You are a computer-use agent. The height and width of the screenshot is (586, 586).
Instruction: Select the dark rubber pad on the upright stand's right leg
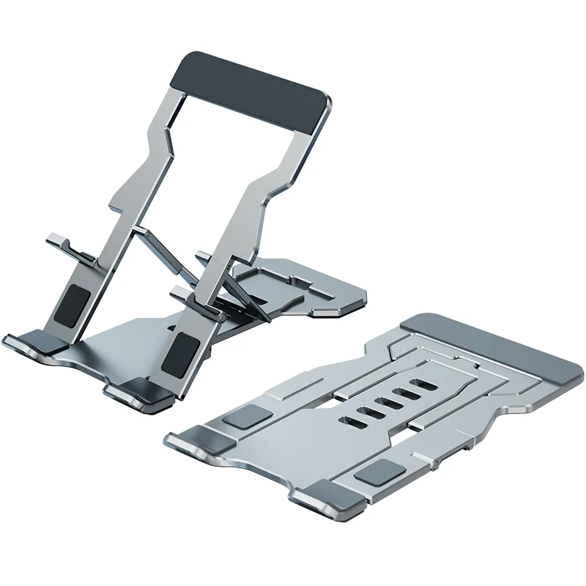pyautogui.click(x=180, y=351)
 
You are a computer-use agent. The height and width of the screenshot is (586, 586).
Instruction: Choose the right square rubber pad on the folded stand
pyautogui.click(x=378, y=472)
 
